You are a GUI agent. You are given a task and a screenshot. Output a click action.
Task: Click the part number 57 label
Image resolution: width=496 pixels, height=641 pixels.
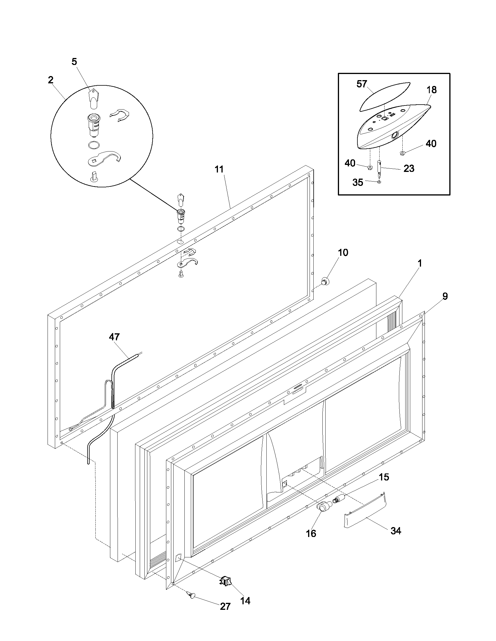(x=362, y=84)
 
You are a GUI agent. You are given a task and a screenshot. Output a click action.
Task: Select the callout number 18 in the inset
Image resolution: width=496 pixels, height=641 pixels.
(x=431, y=90)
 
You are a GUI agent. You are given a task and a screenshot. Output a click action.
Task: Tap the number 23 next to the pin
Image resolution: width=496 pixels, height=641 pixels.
(x=409, y=168)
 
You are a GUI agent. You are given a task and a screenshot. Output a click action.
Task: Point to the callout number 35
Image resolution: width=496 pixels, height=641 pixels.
(x=358, y=182)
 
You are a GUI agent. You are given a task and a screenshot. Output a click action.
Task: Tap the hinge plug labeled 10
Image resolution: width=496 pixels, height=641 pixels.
(x=325, y=281)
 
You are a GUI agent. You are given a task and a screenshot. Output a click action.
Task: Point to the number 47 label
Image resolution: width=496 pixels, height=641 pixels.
(x=114, y=337)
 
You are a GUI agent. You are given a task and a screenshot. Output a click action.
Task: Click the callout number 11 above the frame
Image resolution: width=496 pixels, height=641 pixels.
(x=219, y=169)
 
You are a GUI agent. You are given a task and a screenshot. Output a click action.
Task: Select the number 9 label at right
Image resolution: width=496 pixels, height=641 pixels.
(x=445, y=296)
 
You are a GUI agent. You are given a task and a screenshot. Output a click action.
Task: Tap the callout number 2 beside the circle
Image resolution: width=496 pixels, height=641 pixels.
(x=51, y=80)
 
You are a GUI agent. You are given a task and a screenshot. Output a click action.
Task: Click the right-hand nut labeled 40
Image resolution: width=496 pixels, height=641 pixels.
(x=403, y=153)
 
